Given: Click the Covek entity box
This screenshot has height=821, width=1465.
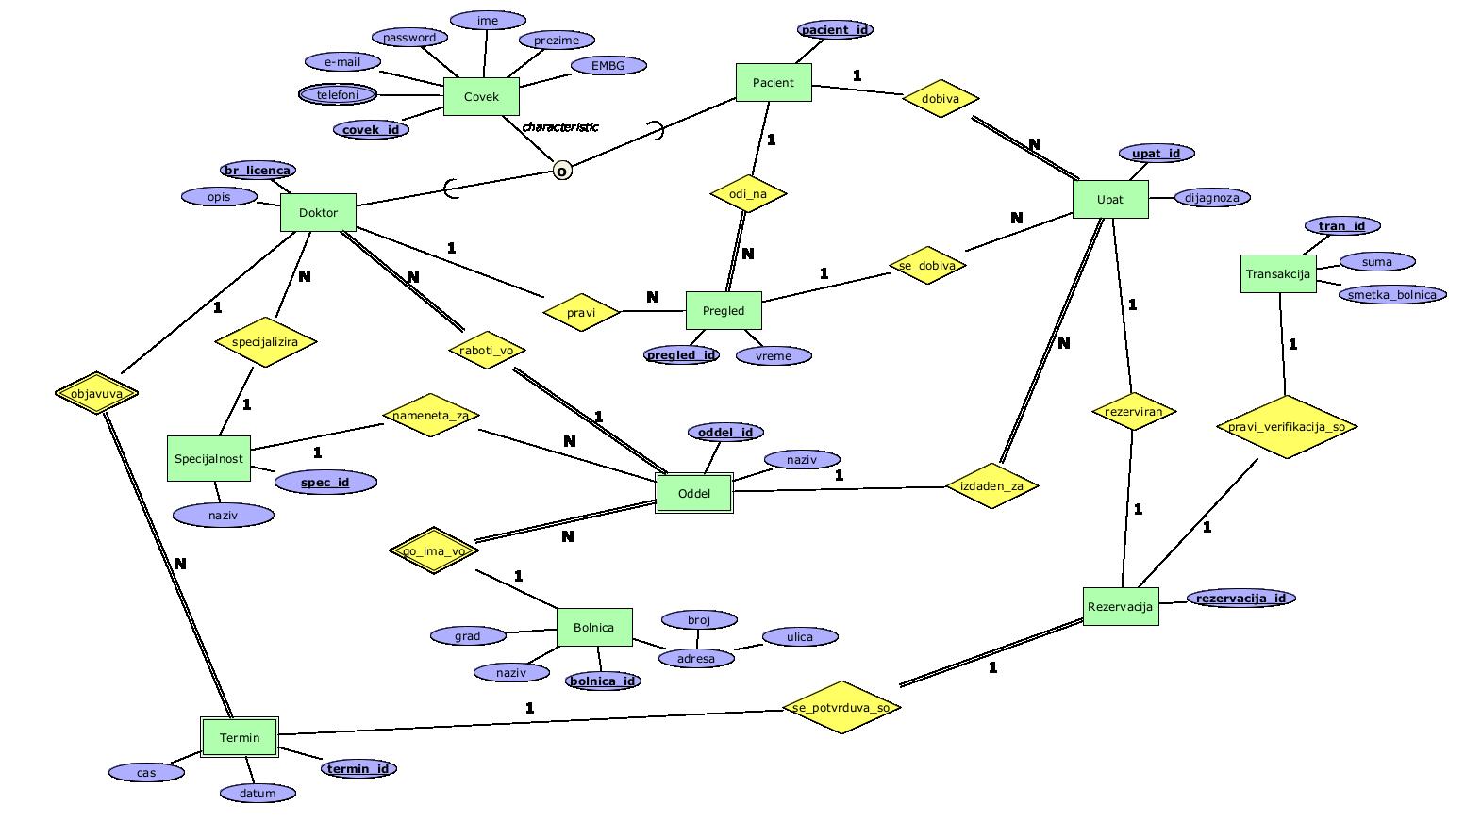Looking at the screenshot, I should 481,96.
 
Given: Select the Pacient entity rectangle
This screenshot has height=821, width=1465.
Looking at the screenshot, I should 773,82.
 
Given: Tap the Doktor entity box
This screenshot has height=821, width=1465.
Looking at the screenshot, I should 318,212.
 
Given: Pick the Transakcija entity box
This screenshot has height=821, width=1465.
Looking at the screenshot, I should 1277,273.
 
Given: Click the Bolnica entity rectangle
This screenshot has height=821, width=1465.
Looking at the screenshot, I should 593,627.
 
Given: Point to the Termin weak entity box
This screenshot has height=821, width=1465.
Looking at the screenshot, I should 240,737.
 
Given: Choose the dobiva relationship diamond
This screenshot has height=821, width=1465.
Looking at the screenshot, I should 940,98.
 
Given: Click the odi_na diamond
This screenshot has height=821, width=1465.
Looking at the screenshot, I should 747,194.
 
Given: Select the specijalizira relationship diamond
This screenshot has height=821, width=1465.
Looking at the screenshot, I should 265,342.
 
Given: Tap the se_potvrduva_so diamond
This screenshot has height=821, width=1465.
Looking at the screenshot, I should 841,707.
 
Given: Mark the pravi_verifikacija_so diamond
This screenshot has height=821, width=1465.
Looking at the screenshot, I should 1287,427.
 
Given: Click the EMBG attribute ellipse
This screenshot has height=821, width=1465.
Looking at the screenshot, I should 608,65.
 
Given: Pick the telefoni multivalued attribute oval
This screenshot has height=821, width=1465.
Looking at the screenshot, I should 338,95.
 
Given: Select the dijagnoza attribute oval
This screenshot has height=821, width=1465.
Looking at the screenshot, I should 1212,197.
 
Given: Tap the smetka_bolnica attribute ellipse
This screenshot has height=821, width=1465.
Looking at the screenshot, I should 1391,294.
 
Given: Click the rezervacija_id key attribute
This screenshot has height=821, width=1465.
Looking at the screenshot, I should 1240,598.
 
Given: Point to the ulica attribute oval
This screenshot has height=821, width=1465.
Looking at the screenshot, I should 799,637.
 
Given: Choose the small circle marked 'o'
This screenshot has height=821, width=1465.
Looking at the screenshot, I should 562,171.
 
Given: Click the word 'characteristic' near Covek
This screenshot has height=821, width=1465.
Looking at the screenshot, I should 559,126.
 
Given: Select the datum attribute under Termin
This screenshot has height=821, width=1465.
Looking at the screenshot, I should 257,793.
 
